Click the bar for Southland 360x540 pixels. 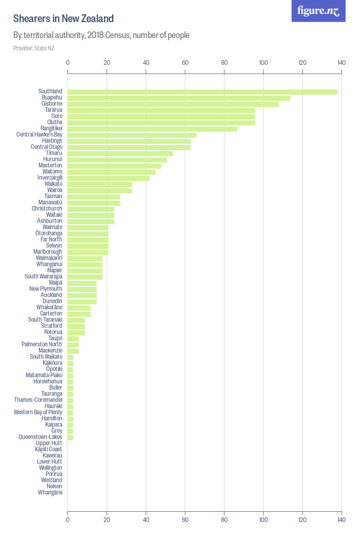[x=203, y=92]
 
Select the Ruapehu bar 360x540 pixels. [x=179, y=98]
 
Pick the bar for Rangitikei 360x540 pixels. [x=153, y=129]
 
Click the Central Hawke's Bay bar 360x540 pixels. [x=132, y=135]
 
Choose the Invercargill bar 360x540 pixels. [x=109, y=178]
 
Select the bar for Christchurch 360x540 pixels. [x=91, y=209]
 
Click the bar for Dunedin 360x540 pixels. [x=82, y=301]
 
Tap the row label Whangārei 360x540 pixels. [x=50, y=493]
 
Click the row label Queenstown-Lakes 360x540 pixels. [x=40, y=437]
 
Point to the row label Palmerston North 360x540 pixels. [x=42, y=345]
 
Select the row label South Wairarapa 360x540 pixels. [x=43, y=277]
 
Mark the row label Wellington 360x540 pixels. [x=50, y=468]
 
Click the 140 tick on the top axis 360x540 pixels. [x=341, y=63]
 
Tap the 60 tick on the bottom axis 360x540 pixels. [x=185, y=520]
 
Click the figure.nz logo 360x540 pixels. [x=318, y=11]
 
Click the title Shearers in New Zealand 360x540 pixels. [x=63, y=19]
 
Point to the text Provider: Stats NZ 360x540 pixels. [x=34, y=48]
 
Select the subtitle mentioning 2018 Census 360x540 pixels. [x=101, y=35]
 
